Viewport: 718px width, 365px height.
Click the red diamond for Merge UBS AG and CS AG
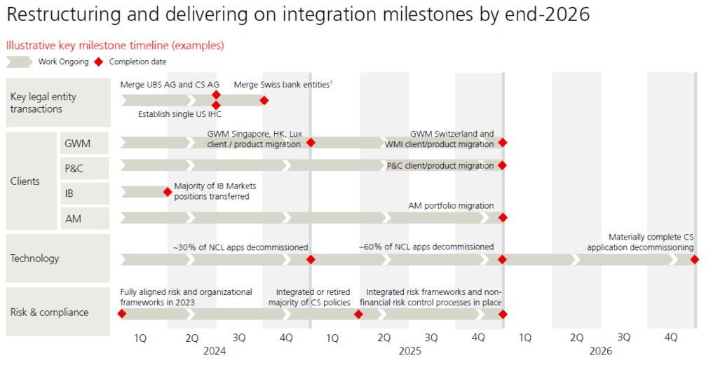click(x=216, y=95)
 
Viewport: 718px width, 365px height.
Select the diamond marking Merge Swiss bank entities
click(x=264, y=100)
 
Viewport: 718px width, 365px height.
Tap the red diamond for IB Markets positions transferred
click(x=168, y=191)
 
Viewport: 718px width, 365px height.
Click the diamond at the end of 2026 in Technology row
click(x=695, y=259)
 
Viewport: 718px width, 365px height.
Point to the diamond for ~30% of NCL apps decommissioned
click(x=311, y=259)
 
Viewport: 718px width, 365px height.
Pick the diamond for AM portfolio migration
click(x=502, y=217)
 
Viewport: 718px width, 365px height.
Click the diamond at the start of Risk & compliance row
click(x=122, y=314)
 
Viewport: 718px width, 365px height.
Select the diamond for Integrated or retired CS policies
click(x=358, y=314)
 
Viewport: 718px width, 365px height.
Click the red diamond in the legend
click(x=99, y=62)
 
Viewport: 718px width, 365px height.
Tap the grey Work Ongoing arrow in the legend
click(x=19, y=62)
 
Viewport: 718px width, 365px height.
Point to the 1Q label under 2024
click(x=140, y=338)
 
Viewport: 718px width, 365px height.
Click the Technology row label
click(x=34, y=259)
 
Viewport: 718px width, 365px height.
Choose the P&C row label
click(x=74, y=168)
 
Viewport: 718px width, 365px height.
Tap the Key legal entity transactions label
click(x=43, y=103)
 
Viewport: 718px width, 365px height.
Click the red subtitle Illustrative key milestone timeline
click(x=115, y=45)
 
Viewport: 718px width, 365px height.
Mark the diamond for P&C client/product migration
click(x=502, y=165)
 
